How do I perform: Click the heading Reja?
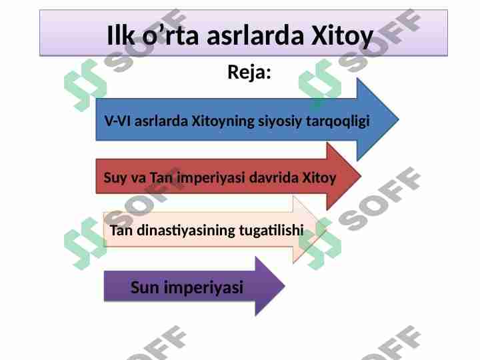(x=249, y=71)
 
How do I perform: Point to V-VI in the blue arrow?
(x=118, y=123)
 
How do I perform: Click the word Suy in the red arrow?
(x=114, y=179)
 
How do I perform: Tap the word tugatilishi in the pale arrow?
(x=270, y=231)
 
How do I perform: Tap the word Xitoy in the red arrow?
(x=319, y=179)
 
